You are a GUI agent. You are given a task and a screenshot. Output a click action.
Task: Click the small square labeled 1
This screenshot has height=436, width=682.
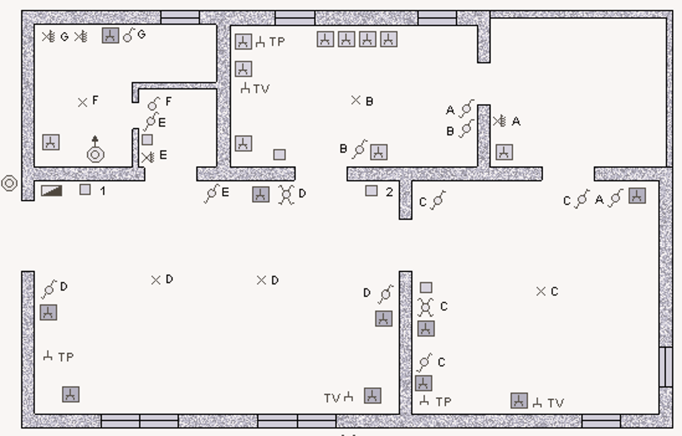click(x=85, y=189)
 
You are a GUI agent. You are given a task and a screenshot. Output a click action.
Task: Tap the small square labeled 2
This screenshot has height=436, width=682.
click(x=371, y=191)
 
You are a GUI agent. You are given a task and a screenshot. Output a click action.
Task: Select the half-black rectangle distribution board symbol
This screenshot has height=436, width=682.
click(x=52, y=191)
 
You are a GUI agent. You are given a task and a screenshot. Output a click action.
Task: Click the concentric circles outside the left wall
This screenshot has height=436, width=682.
click(x=9, y=183)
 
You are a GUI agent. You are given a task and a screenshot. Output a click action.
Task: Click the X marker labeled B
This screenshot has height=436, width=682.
click(x=356, y=100)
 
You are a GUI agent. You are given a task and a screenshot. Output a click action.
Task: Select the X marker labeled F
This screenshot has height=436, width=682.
click(x=82, y=103)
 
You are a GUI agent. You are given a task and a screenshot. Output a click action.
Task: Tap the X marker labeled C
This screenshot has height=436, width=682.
click(x=541, y=292)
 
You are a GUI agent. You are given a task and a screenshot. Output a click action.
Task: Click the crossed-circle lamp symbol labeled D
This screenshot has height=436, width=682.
click(x=286, y=194)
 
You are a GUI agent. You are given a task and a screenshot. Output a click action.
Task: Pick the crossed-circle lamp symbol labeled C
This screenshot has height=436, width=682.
click(x=426, y=307)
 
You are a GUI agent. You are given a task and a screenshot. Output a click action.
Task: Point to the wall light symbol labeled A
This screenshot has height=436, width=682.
click(x=499, y=121)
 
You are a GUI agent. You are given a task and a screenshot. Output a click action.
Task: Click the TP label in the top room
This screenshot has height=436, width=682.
click(x=277, y=42)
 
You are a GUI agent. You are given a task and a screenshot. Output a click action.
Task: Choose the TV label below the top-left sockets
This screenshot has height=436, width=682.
click(x=261, y=89)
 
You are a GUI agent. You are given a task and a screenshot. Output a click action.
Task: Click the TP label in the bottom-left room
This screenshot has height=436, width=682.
click(x=66, y=357)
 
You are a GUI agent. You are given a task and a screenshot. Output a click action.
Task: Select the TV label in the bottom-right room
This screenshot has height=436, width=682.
click(x=555, y=403)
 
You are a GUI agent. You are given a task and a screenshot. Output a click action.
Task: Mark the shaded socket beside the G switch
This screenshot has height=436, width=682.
click(x=110, y=36)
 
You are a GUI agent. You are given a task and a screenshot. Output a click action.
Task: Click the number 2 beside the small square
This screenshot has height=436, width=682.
click(x=389, y=192)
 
